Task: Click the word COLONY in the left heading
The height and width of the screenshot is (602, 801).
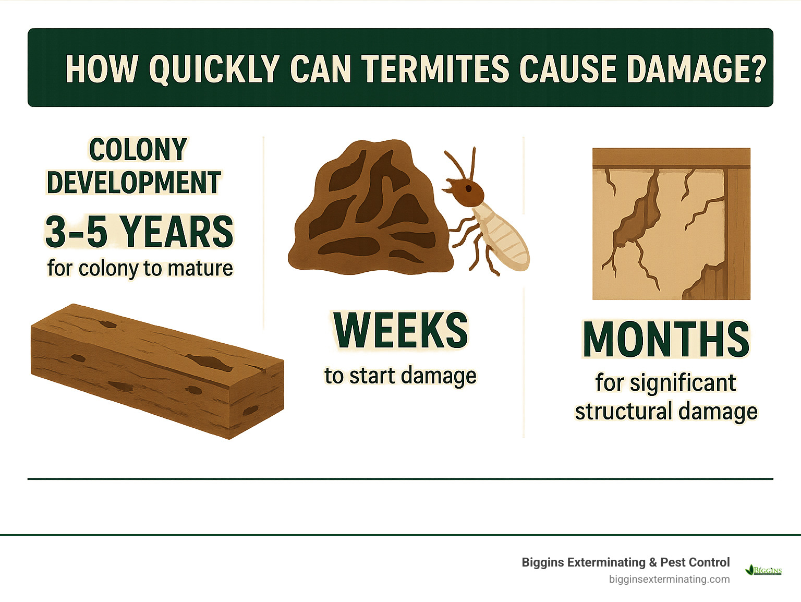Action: [x=138, y=150]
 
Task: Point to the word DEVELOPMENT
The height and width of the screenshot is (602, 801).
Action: [x=134, y=183]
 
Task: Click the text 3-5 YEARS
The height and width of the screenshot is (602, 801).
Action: [x=139, y=232]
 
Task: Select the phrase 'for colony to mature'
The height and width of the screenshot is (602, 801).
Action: [x=140, y=268]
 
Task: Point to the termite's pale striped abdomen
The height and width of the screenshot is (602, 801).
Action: [x=503, y=237]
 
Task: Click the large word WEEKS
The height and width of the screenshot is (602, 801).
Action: [x=400, y=330]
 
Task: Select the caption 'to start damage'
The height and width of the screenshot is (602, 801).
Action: [x=400, y=376]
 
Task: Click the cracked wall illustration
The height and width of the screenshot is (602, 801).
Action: [x=671, y=224]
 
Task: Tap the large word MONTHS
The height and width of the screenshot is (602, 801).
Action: [x=666, y=340]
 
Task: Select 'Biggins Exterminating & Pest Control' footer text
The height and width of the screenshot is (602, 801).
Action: [x=625, y=562]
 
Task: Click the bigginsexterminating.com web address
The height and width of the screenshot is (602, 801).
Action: [x=669, y=579]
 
